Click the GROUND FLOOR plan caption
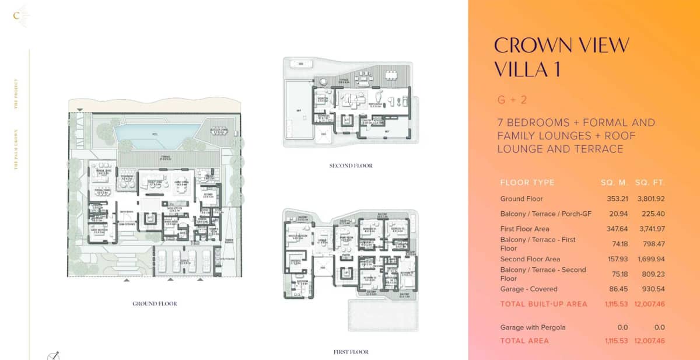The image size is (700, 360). click(155, 303)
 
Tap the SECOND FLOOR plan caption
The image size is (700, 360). click(351, 166)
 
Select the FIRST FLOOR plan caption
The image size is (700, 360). click(351, 352)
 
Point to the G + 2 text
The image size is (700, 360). click(512, 100)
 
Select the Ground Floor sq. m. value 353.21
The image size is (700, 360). click(613, 199)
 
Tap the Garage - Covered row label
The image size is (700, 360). click(528, 289)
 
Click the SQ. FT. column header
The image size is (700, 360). click(650, 183)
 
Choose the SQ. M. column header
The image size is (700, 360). click(613, 183)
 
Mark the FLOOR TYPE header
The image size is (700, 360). click(527, 183)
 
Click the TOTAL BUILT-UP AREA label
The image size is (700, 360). click(544, 304)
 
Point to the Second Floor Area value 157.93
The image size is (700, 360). click(613, 259)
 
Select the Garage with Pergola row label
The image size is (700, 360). click(533, 327)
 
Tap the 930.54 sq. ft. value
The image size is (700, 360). click(652, 289)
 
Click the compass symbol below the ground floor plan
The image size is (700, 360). click(53, 355)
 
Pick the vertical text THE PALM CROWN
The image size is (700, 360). click(16, 149)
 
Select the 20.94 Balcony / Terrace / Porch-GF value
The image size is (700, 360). click(615, 214)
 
